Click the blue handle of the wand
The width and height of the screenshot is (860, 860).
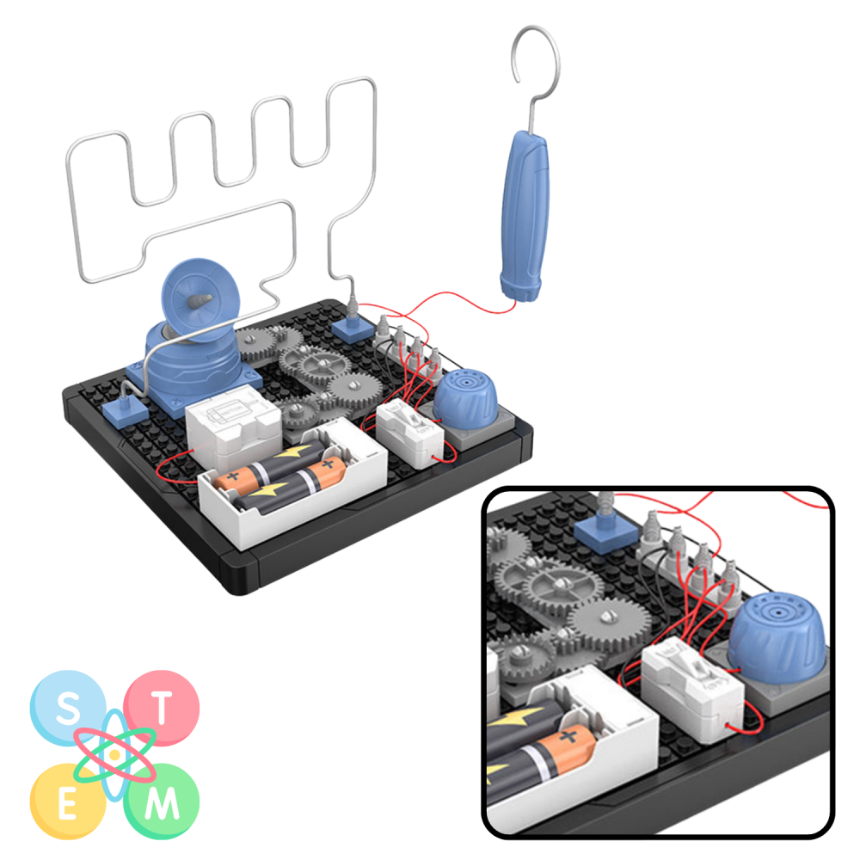point(525,216)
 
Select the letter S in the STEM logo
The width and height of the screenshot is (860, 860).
point(68,707)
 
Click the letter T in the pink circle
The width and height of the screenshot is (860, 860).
point(162,708)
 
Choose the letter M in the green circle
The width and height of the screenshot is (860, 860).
point(162,802)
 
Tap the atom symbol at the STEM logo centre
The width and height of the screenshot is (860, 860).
point(114,755)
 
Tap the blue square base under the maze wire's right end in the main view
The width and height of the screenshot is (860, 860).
point(352,329)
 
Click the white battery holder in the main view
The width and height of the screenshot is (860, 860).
point(293,483)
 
